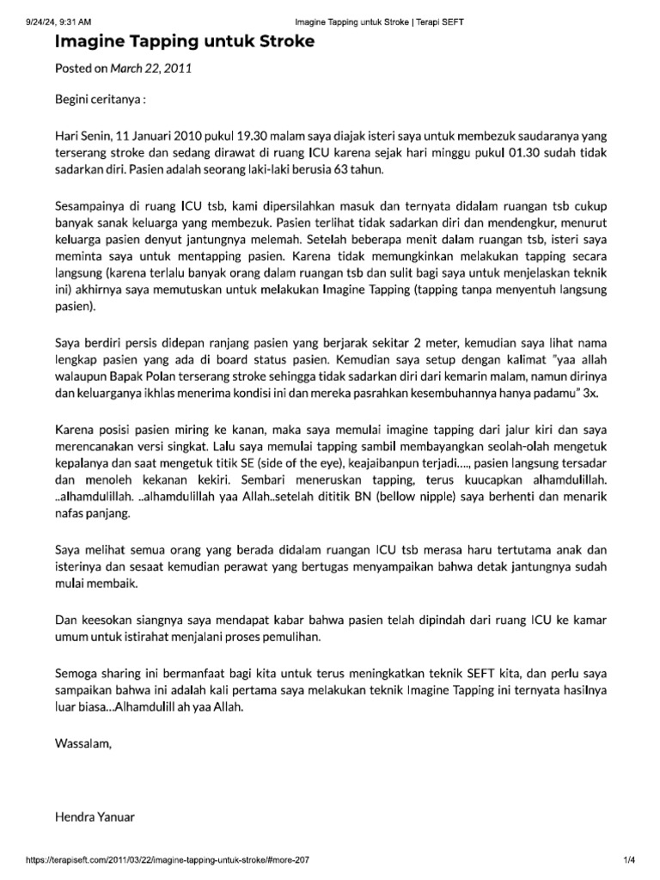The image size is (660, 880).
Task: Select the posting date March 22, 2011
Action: tap(152, 69)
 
